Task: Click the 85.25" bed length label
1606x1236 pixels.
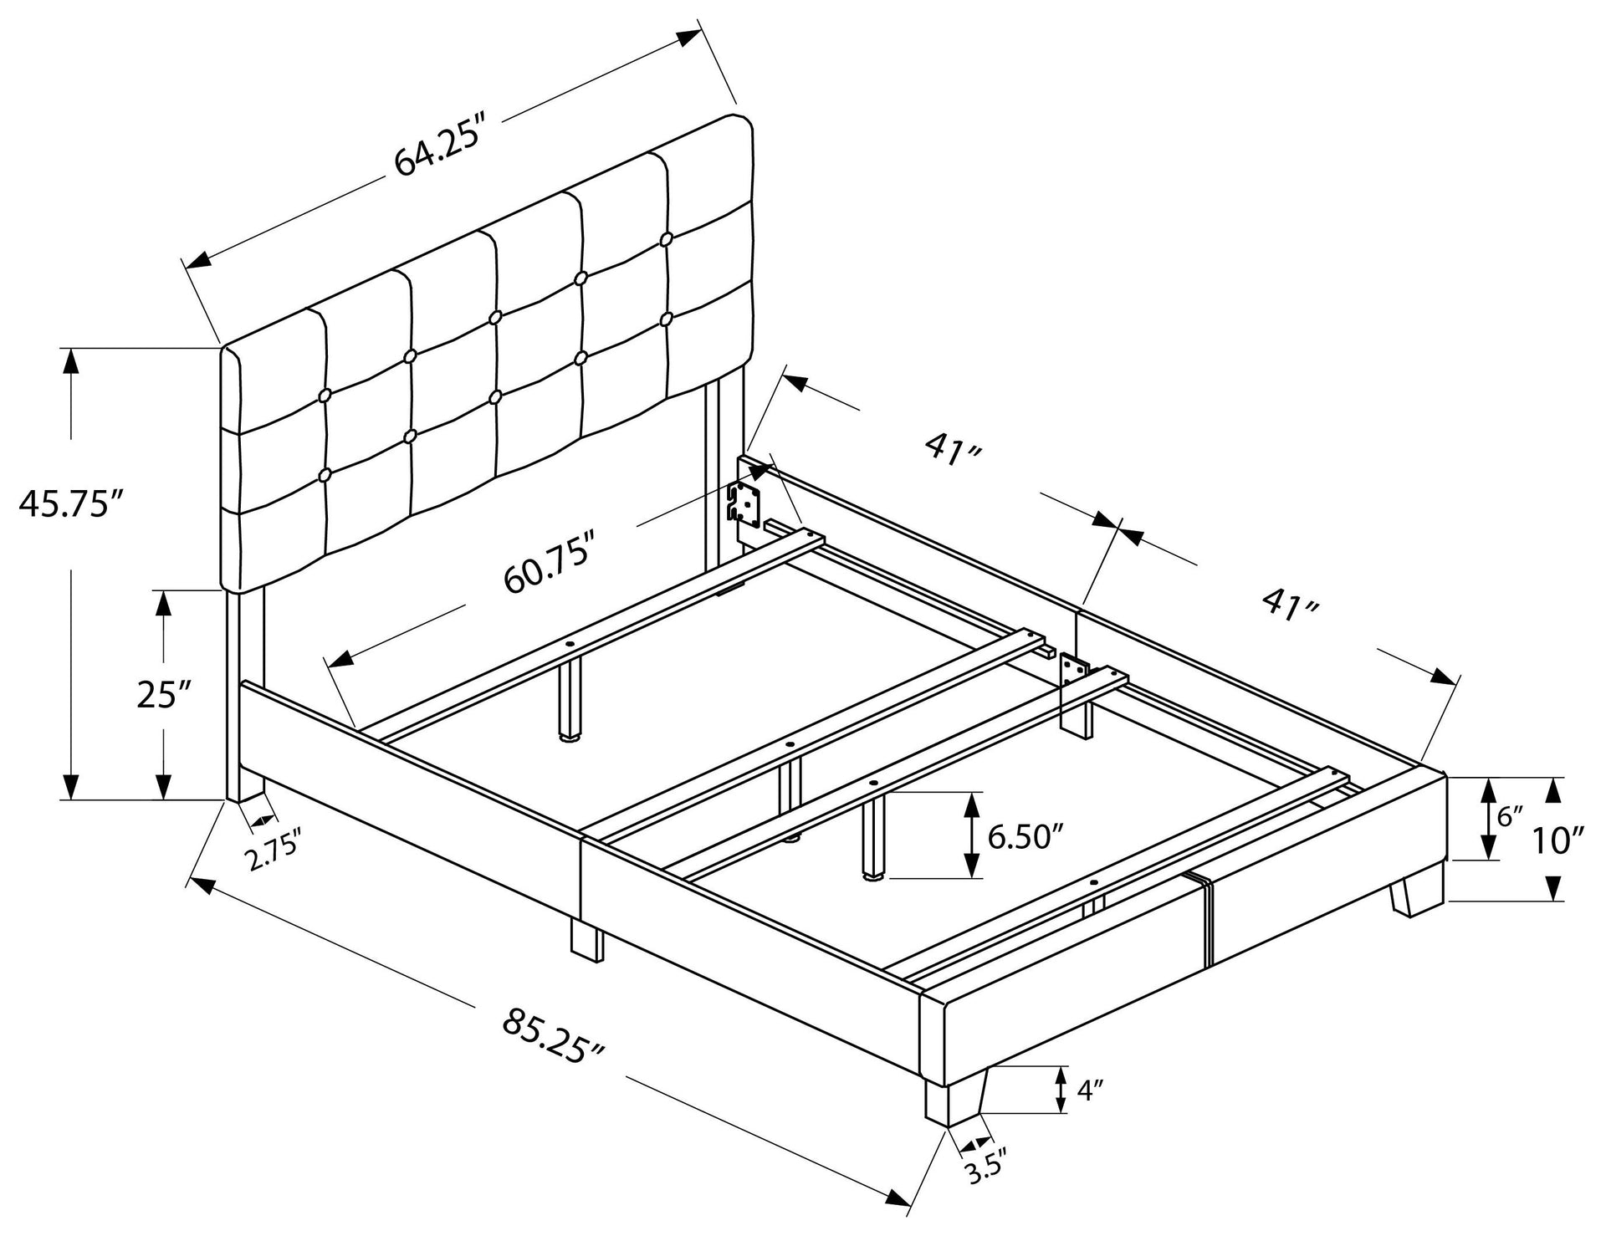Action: click(555, 1035)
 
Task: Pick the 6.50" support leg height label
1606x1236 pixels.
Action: click(1026, 835)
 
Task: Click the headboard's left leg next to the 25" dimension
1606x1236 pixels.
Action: click(245, 694)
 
